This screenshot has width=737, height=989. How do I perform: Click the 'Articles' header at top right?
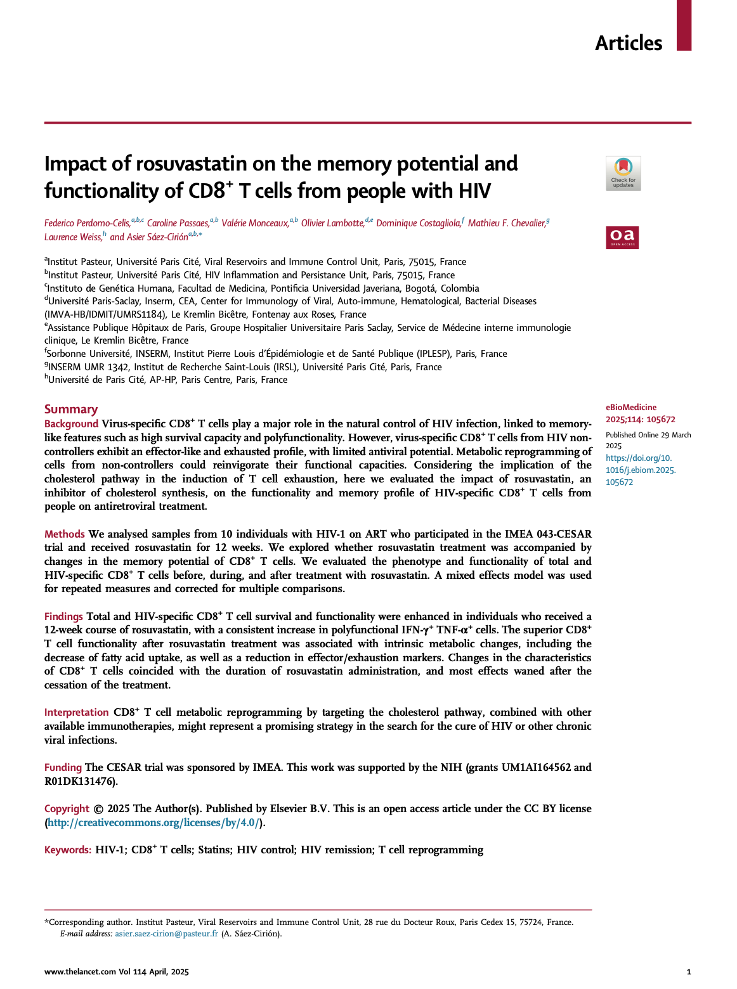pos(628,43)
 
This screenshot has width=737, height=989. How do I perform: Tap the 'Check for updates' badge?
pos(623,173)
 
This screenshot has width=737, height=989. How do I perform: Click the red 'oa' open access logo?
pos(622,237)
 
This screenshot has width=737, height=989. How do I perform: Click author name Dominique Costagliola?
pos(418,223)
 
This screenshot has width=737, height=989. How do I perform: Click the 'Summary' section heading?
pos(71,409)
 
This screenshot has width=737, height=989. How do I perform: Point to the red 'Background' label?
pos(71,423)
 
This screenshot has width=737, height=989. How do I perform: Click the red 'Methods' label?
pos(64,534)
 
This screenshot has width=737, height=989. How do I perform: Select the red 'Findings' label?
pos(63,616)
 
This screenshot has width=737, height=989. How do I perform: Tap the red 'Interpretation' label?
pos(76,712)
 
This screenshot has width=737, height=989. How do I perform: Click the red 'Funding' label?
pos(63,767)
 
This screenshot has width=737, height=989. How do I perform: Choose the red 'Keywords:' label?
pos(68,850)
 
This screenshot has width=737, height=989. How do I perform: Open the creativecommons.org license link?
pos(153,822)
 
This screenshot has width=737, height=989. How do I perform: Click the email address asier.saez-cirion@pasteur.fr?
pos(166,933)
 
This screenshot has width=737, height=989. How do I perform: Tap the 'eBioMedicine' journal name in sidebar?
pos(631,407)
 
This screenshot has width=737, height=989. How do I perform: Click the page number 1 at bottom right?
pos(689,971)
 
